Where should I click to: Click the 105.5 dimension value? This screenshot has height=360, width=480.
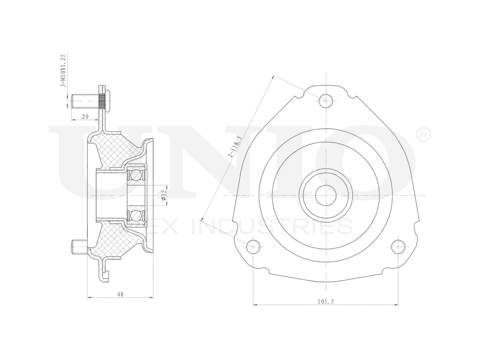[325, 301]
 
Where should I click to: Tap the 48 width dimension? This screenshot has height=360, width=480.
[120, 294]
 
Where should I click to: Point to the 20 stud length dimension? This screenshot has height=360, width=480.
[85, 117]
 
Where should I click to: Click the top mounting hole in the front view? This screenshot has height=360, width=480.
[326, 100]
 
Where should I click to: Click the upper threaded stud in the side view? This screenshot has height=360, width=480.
[84, 102]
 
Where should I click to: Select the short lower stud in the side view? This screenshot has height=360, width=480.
[78, 247]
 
